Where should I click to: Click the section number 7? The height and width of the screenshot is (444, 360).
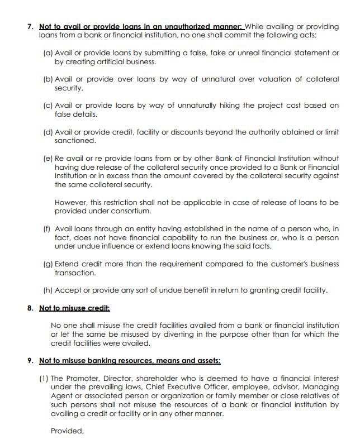click(30, 26)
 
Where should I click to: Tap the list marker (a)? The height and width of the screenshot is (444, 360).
click(48, 53)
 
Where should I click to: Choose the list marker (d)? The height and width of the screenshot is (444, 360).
click(48, 132)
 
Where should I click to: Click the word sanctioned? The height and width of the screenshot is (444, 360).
click(75, 141)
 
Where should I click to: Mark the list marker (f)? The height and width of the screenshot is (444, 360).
click(48, 228)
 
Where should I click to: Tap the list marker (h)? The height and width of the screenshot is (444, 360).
click(48, 290)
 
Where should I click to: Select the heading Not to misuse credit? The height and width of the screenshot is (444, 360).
click(74, 308)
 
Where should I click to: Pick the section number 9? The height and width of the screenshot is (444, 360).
click(30, 360)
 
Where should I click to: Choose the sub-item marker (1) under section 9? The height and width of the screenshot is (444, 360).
click(44, 378)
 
